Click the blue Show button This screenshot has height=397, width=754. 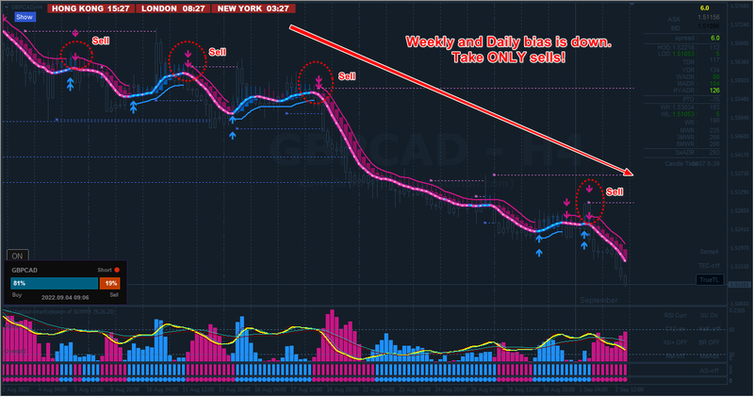point(25,17)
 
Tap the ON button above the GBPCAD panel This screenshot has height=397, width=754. point(17,255)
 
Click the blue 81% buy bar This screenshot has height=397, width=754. point(54,283)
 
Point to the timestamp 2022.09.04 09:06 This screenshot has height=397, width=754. point(59,295)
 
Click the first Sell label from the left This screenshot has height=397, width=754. point(99,41)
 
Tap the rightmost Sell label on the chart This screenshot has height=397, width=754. point(615,192)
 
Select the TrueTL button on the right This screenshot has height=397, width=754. point(709,279)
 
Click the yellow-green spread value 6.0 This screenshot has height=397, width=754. point(714,38)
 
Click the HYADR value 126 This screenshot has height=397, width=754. point(713,91)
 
